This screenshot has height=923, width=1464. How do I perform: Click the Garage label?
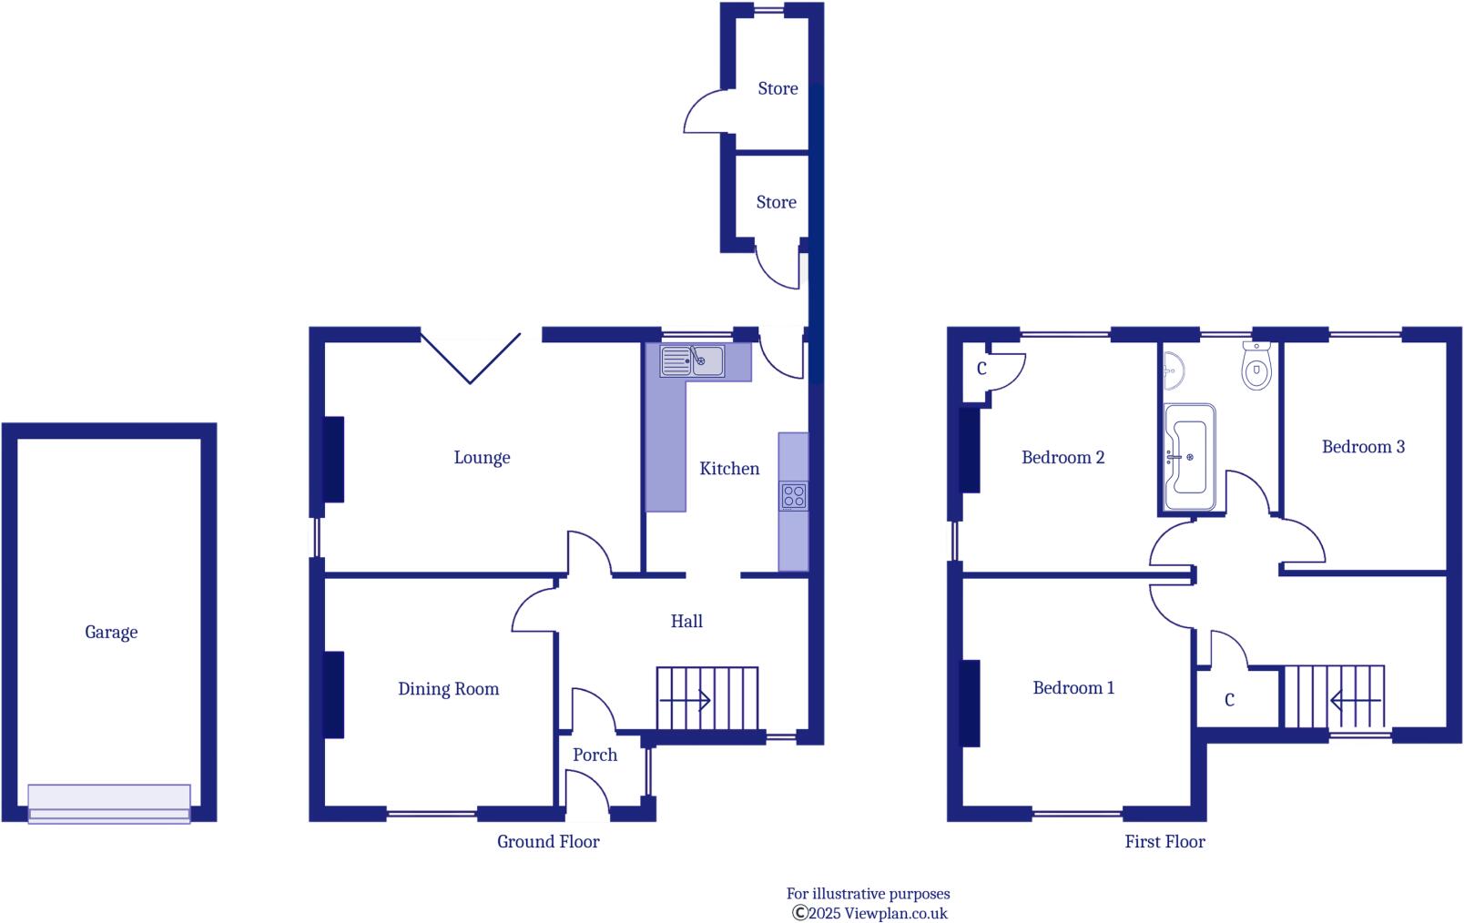[111, 632]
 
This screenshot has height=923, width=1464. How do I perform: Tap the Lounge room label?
[482, 457]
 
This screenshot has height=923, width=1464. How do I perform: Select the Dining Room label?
[448, 689]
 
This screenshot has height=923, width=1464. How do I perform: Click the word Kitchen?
[729, 469]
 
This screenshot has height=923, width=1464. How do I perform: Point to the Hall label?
[686, 621]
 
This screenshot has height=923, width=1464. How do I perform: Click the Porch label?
[595, 755]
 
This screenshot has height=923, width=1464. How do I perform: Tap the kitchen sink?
[693, 361]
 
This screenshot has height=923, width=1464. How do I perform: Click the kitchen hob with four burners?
[793, 496]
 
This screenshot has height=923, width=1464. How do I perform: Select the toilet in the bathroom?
[1256, 368]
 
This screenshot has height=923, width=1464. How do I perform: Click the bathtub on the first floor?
[1189, 457]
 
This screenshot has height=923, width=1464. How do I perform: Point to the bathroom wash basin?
[1174, 369]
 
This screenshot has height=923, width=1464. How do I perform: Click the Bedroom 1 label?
[1073, 688]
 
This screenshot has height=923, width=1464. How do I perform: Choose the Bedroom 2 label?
[1062, 457]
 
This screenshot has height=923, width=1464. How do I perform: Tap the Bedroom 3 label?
[1363, 446]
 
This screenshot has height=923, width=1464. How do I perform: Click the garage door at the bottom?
[109, 804]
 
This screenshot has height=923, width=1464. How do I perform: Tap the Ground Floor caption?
[548, 842]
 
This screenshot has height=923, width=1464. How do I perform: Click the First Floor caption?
[1164, 842]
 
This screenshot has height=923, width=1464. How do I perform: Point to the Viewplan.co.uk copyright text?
[869, 913]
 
